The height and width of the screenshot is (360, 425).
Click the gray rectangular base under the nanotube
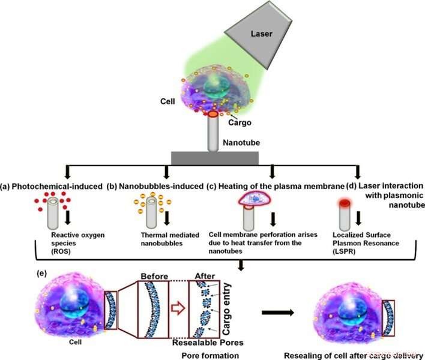click(215, 157)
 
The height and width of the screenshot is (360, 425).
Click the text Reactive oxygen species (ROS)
click(73, 238)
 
